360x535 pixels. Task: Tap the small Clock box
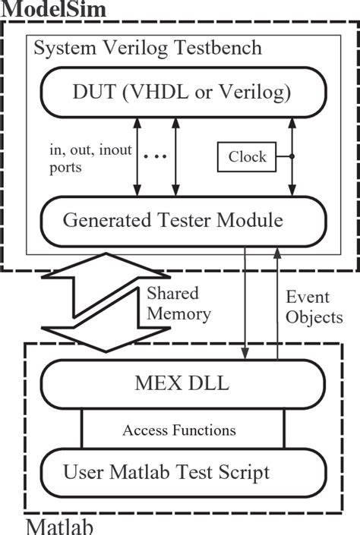(248, 157)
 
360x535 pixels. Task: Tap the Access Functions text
(179, 430)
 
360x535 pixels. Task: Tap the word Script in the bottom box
(242, 473)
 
